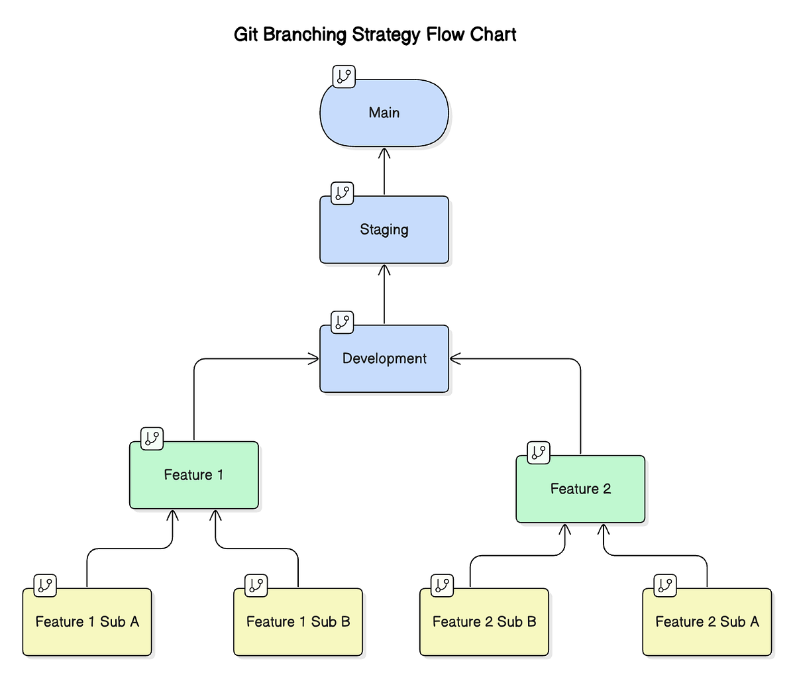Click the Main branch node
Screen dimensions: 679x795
pyautogui.click(x=384, y=113)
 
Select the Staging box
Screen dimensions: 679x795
pyautogui.click(x=384, y=230)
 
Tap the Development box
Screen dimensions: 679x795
pyautogui.click(x=384, y=359)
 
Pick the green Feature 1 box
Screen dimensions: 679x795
pyautogui.click(x=193, y=475)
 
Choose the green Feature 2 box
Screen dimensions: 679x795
pyautogui.click(x=580, y=489)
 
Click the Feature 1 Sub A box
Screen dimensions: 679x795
pyautogui.click(x=87, y=622)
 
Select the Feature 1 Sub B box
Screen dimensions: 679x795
pyautogui.click(x=298, y=622)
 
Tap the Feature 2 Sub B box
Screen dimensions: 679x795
pyautogui.click(x=484, y=622)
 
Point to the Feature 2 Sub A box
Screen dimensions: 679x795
pyautogui.click(x=707, y=622)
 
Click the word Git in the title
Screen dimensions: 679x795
pyautogui.click(x=246, y=34)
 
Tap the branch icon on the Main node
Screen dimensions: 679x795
pyautogui.click(x=344, y=76)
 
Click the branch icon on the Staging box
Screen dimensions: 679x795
pyautogui.click(x=342, y=193)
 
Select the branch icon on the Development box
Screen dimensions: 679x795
pyautogui.click(x=342, y=322)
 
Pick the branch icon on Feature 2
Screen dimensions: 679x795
pyautogui.click(x=538, y=452)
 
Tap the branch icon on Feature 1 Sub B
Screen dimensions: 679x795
pyautogui.click(x=256, y=585)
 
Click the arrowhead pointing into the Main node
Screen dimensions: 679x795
pyautogui.click(x=384, y=153)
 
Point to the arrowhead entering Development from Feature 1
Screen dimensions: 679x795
pyautogui.click(x=313, y=359)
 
